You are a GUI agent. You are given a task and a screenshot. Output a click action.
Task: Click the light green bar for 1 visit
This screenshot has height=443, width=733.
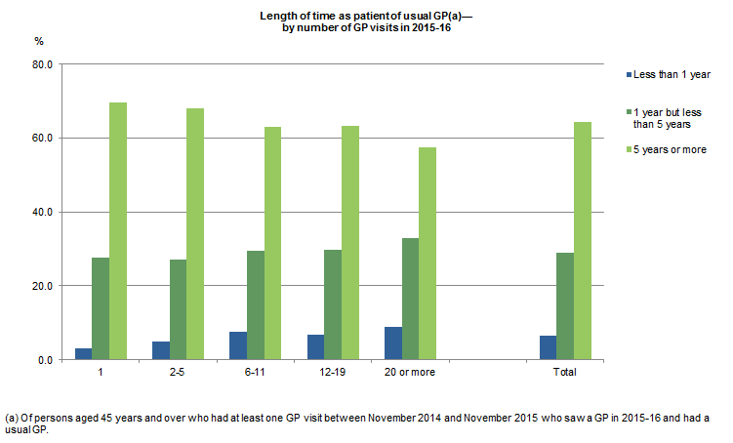coord(118,231)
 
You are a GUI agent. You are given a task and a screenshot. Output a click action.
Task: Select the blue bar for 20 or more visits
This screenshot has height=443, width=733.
coord(393,342)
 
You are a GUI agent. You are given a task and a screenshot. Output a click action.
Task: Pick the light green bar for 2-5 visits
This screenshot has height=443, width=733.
coord(195,234)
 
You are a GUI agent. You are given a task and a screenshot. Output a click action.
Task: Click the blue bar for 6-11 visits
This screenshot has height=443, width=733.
coord(238,345)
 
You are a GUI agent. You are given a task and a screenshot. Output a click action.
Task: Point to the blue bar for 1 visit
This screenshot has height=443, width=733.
coord(83,353)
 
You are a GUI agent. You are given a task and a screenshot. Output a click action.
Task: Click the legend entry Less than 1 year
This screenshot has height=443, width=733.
coord(672,74)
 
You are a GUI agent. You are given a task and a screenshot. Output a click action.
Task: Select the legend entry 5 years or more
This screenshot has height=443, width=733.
coord(669,149)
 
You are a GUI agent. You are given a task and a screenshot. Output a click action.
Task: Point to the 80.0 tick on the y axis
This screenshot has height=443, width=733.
coord(43,64)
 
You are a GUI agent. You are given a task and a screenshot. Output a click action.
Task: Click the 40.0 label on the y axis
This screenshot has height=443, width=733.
coord(43,212)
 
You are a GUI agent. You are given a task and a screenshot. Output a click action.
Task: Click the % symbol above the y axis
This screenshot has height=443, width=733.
coord(40,43)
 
